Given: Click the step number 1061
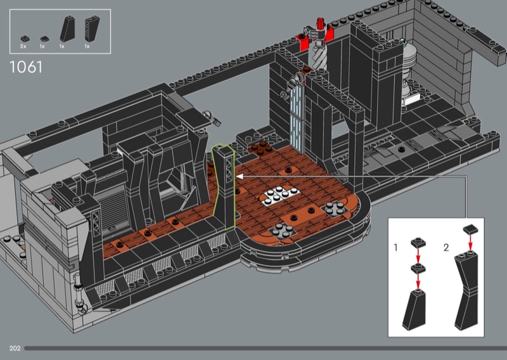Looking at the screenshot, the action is point(26,67).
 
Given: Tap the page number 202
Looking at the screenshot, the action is point(15,348).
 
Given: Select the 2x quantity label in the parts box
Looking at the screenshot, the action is point(23,46).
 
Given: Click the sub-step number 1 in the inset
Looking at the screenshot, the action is point(395,247).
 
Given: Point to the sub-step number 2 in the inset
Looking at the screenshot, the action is point(446,248).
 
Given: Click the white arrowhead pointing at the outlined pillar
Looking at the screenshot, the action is point(240,176).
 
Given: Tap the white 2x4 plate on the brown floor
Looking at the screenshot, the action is point(280,195).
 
